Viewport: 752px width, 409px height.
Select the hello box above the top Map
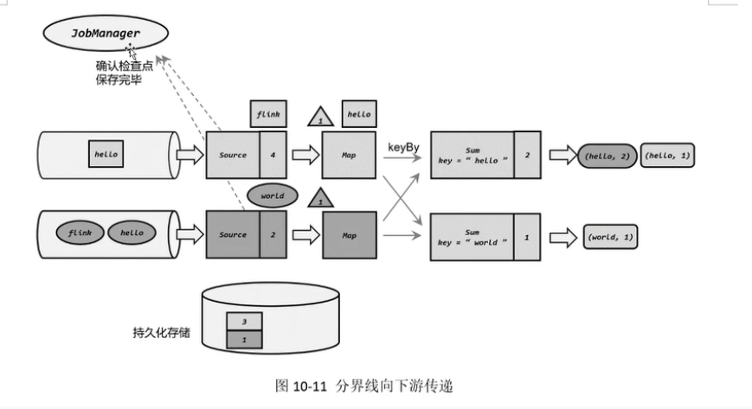tap(359, 113)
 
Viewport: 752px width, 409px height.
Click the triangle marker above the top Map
tap(321, 116)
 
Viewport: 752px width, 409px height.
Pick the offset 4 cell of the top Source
tap(273, 156)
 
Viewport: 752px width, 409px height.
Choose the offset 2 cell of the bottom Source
tap(273, 234)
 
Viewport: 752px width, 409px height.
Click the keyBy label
tap(403, 148)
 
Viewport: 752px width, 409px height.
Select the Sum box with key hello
tap(472, 156)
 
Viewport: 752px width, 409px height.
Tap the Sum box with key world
tap(472, 236)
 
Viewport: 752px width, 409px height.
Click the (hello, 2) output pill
tap(605, 156)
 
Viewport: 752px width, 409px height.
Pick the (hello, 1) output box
tap(666, 156)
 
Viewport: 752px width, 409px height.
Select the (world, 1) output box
tap(611, 237)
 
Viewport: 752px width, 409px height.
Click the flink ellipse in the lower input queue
tap(80, 233)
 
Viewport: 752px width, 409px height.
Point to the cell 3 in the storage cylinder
tap(244, 321)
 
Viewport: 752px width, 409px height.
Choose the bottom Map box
tap(349, 234)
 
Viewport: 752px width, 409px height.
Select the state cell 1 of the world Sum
tap(528, 236)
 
